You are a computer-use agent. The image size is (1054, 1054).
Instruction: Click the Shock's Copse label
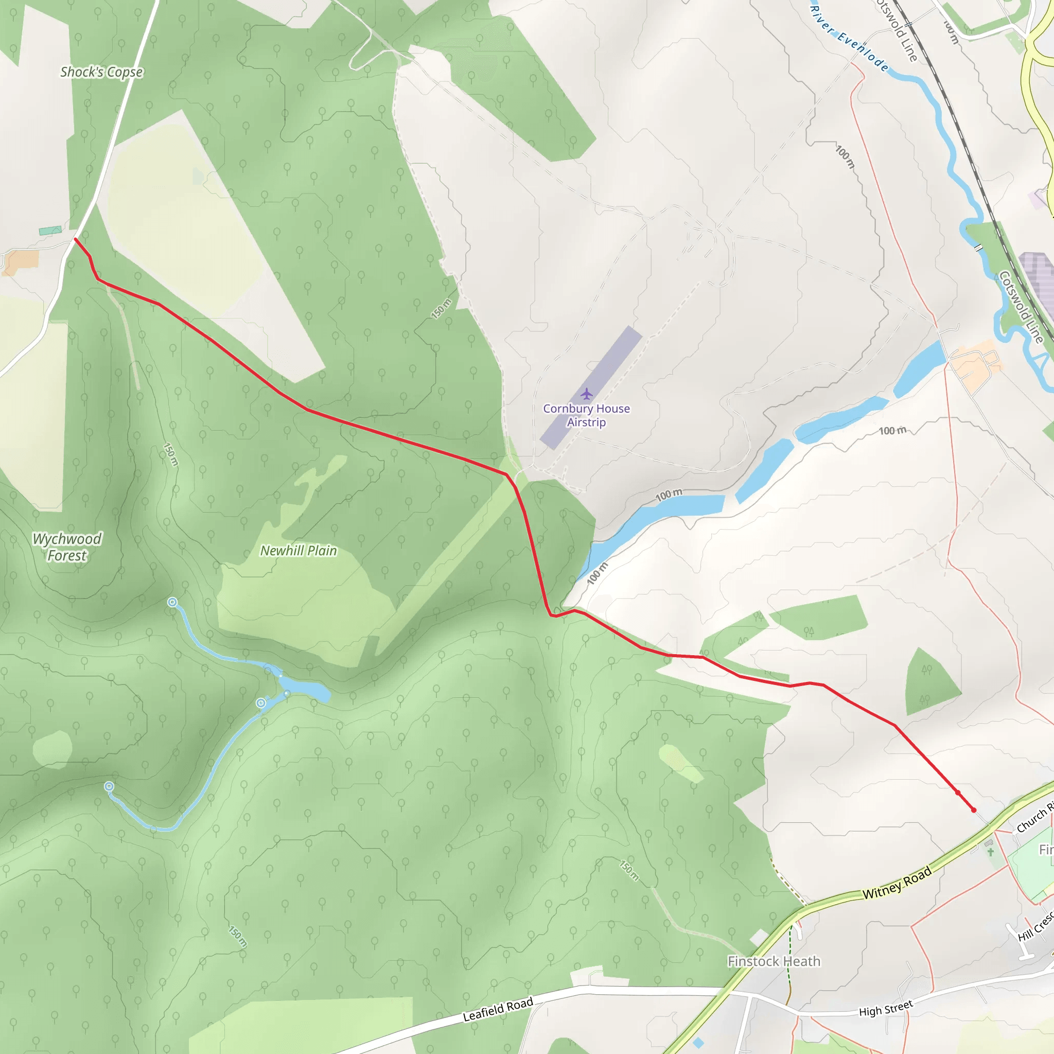pyautogui.click(x=101, y=72)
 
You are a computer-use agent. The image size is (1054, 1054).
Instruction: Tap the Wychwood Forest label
pyautogui.click(x=67, y=547)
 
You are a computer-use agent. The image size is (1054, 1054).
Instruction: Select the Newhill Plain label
pyautogui.click(x=298, y=551)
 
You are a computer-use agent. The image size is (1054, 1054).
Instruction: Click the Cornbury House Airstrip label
pyautogui.click(x=587, y=415)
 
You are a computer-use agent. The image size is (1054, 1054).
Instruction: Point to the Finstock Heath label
pyautogui.click(x=774, y=961)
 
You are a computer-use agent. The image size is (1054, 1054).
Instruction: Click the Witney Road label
pyautogui.click(x=897, y=883)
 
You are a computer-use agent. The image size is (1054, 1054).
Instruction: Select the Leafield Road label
pyautogui.click(x=498, y=1009)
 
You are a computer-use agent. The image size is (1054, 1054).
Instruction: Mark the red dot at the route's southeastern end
pyautogui.click(x=974, y=810)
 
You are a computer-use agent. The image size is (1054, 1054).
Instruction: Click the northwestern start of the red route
pyautogui.click(x=75, y=239)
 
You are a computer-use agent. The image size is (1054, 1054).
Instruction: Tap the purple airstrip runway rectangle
pyautogui.click(x=591, y=388)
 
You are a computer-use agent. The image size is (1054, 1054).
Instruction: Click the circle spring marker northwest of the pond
pyautogui.click(x=172, y=602)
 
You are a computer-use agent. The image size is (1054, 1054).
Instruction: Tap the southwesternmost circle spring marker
pyautogui.click(x=109, y=786)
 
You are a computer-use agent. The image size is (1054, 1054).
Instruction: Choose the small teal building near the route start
pyautogui.click(x=50, y=231)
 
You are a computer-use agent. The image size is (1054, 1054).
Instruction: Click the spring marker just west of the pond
pyautogui.click(x=261, y=703)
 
